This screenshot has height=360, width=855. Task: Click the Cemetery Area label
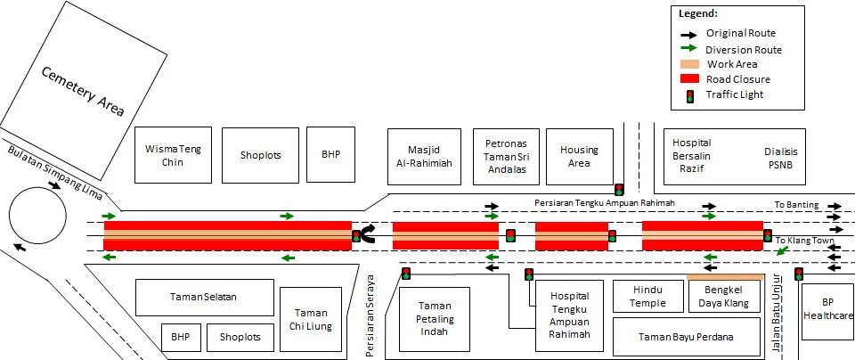pyautogui.click(x=84, y=91)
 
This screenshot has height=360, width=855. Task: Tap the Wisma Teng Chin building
pyautogui.click(x=173, y=155)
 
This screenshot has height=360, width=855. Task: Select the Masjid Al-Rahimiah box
pyautogui.click(x=424, y=157)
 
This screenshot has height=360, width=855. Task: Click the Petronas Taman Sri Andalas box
pyautogui.click(x=506, y=157)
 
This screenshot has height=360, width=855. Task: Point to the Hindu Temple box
pyautogui.click(x=647, y=296)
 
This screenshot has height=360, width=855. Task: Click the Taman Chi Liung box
pyautogui.click(x=311, y=320)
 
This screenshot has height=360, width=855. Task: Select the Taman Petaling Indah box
pyautogui.click(x=435, y=319)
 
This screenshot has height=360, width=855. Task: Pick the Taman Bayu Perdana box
pyautogui.click(x=687, y=337)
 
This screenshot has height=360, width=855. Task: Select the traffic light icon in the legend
pyautogui.click(x=689, y=96)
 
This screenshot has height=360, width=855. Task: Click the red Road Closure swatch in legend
pyautogui.click(x=689, y=78)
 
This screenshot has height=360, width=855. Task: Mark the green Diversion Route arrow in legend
pyautogui.click(x=689, y=49)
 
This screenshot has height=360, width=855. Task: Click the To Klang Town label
pyautogui.click(x=804, y=241)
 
